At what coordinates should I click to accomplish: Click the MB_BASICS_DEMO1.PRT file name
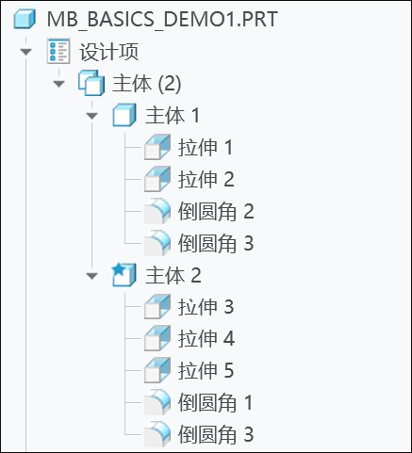162,20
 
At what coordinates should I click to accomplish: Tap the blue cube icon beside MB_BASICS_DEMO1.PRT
25,19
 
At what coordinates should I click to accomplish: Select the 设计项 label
109,52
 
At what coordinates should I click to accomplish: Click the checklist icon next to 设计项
58,51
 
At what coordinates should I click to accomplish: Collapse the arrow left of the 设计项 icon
25,51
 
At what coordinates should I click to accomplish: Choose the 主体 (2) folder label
147,84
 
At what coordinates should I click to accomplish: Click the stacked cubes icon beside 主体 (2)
91,83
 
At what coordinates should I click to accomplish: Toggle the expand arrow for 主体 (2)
58,84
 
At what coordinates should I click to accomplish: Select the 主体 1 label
173,115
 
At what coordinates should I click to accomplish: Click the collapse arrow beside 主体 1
91,116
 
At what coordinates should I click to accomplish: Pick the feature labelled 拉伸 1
206,147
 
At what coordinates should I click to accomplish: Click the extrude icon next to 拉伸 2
157,179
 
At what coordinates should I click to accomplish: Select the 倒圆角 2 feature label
216,211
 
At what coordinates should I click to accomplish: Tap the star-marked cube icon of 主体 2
124,275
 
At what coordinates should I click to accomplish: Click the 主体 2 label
173,275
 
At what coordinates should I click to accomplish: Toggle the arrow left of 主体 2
91,276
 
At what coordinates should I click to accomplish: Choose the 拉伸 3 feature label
206,307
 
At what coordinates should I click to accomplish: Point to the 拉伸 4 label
206,339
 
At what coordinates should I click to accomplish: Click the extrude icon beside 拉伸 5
157,370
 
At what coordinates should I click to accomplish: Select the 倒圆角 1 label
215,402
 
